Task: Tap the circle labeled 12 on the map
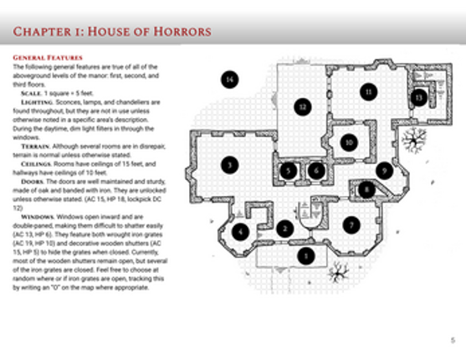point(303,106)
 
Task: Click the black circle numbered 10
point(348,141)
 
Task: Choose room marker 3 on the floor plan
point(228,165)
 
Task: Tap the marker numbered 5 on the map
point(289,171)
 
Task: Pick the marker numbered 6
point(315,171)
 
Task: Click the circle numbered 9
point(384,170)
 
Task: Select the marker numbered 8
point(366,191)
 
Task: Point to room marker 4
point(241,232)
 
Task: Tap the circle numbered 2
point(284,227)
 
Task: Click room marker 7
point(352,224)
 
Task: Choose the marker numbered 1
point(307,255)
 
